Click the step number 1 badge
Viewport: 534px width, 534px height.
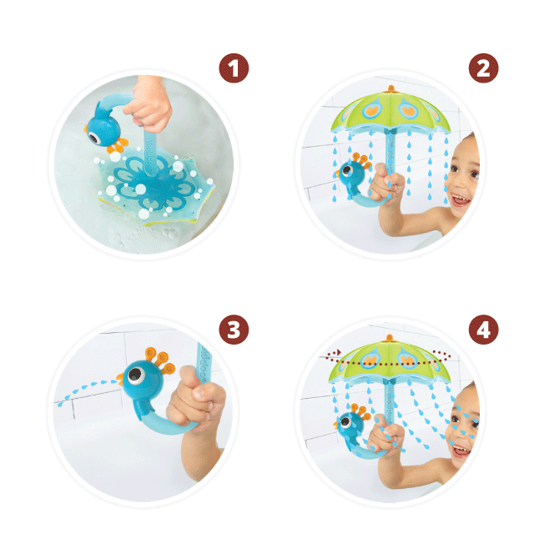point(234,68)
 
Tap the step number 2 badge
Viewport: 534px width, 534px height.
point(484,68)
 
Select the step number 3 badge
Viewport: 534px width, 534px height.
point(234,330)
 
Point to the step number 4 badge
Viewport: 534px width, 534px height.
point(484,330)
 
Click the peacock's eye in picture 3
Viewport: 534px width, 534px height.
point(136,375)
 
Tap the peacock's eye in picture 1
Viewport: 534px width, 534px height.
point(93,137)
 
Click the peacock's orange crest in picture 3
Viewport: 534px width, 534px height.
point(159,360)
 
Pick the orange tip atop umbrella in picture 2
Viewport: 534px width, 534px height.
point(391,89)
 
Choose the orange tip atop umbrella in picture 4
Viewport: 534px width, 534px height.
point(390,338)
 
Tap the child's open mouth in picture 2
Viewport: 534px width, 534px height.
point(460,200)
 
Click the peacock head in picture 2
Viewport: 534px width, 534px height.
point(351,174)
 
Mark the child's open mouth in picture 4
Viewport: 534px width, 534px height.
point(460,451)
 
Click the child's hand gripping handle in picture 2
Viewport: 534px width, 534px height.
point(387,184)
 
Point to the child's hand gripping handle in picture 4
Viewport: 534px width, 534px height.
point(386,433)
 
